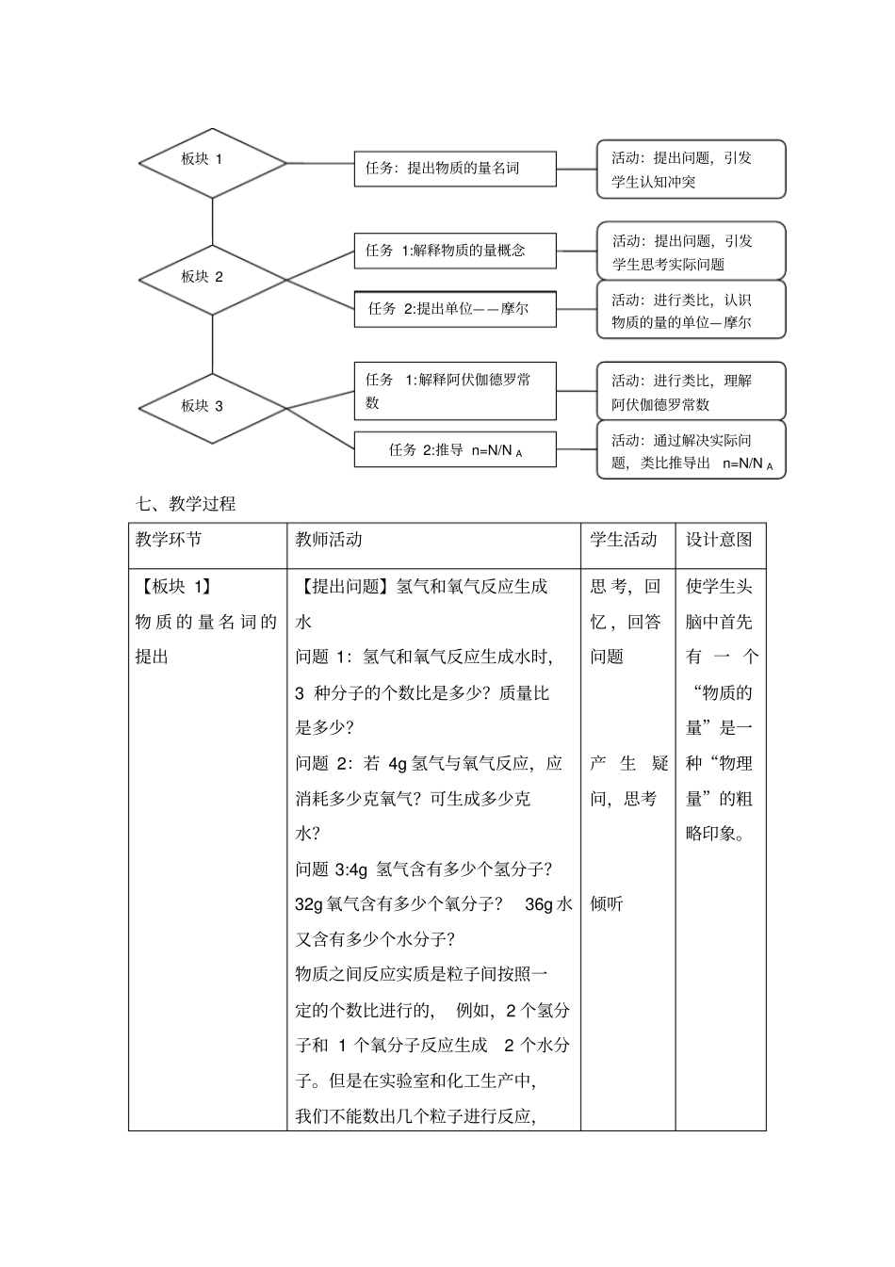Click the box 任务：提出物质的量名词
(455, 169)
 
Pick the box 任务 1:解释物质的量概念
(455, 251)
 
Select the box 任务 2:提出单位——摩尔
(455, 309)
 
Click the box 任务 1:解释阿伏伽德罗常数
(455, 391)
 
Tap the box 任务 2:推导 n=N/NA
(455, 449)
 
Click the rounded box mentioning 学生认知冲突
(691, 170)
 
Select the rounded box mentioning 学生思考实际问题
(691, 252)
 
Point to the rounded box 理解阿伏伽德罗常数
(691, 392)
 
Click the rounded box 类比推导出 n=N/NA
(691, 450)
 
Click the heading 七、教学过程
(187, 504)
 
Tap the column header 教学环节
(169, 540)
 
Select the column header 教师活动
(329, 540)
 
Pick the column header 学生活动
(624, 540)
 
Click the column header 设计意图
(719, 540)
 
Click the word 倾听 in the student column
(607, 904)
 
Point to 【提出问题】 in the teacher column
(345, 587)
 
